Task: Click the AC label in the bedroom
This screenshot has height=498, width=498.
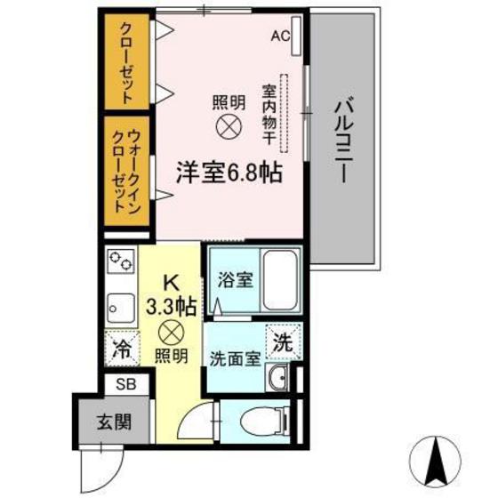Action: point(280,36)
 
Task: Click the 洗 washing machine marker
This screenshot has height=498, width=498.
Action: point(281,341)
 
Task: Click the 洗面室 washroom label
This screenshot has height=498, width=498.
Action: point(235,360)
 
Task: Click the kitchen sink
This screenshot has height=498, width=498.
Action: point(119,308)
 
